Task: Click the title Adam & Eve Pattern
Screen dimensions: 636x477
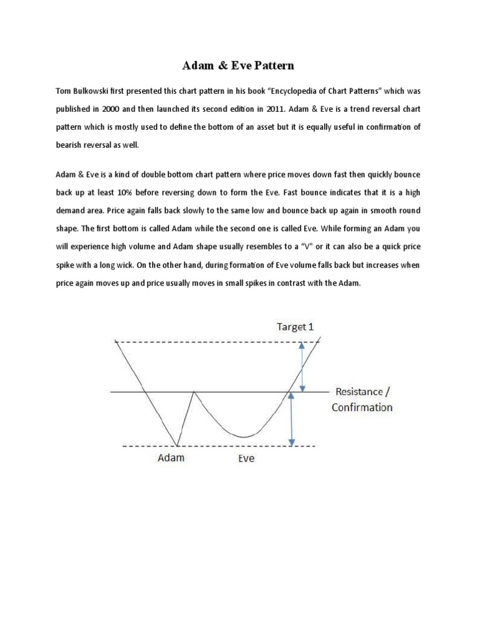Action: tap(238, 65)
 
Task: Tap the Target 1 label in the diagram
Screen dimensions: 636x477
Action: tap(295, 327)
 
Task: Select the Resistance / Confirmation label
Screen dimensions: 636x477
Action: tap(363, 399)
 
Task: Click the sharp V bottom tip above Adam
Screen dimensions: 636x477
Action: tap(177, 445)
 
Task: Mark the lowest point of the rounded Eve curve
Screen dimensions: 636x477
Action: tap(245, 437)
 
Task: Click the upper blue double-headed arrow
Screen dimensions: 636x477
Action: tap(302, 366)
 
